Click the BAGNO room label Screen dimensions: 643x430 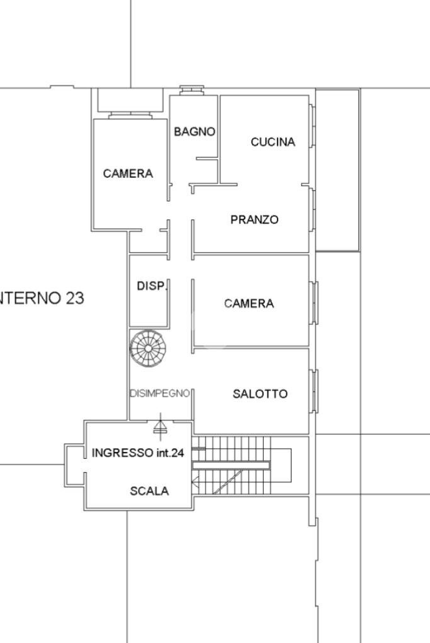click(195, 132)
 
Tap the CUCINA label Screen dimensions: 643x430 click(273, 142)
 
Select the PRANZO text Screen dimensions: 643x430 click(254, 220)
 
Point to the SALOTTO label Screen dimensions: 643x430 click(260, 394)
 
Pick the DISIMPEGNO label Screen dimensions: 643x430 click(160, 393)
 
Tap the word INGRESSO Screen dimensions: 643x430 click(122, 453)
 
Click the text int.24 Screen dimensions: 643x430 click(170, 453)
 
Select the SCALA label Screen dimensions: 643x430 click(149, 491)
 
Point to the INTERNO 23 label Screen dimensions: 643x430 click(41, 298)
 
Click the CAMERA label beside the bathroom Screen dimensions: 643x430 click(128, 173)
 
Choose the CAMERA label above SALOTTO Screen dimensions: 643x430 click(249, 304)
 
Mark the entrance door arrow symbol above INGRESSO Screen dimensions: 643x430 click(161, 426)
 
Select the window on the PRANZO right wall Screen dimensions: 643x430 click(312, 214)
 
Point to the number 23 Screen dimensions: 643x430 click(74, 298)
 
